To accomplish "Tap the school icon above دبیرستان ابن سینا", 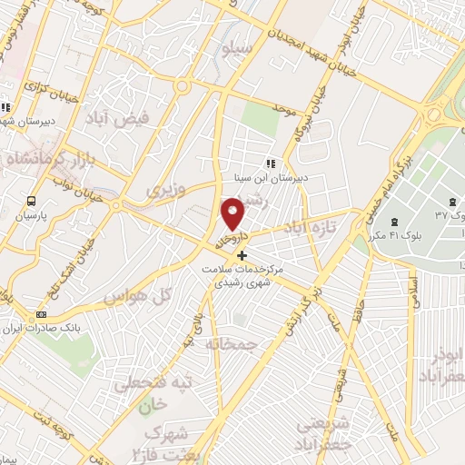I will pos(269,164).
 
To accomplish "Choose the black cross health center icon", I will pos(242,256).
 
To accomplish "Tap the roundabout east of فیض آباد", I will pos(183,87).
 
